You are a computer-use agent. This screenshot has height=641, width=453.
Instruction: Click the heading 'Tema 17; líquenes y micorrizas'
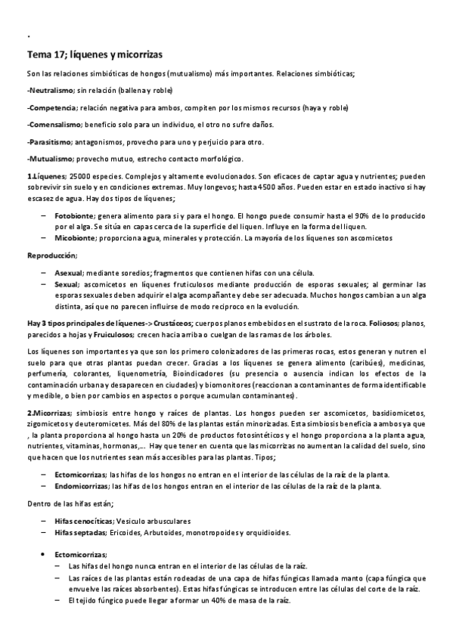click(x=95, y=55)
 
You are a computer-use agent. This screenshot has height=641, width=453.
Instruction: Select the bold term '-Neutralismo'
click(x=51, y=90)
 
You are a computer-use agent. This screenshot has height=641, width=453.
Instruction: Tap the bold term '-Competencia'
click(x=51, y=107)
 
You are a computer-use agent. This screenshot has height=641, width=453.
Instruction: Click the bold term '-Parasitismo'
click(x=49, y=141)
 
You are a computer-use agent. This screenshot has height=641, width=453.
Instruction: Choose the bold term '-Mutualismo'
click(x=50, y=159)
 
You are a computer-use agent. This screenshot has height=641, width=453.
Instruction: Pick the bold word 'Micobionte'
click(x=76, y=238)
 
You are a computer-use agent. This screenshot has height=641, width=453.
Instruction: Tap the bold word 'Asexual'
click(x=69, y=272)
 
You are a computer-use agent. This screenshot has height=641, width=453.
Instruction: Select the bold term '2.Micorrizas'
click(x=48, y=413)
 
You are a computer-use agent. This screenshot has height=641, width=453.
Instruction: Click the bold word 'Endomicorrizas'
click(x=81, y=486)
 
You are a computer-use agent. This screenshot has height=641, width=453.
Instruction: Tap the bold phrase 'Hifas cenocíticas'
click(x=84, y=521)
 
